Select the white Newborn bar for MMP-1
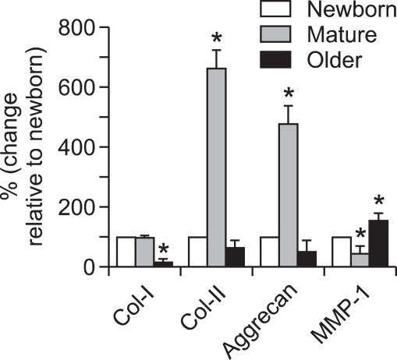(341, 252)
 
